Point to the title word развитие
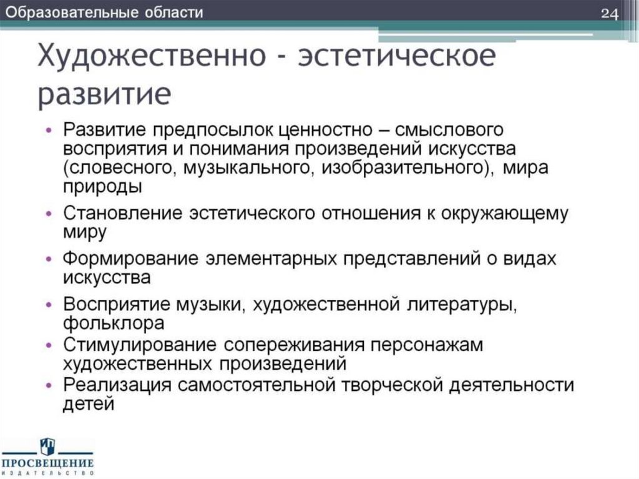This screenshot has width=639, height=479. pyautogui.click(x=104, y=94)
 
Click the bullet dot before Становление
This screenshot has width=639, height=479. pyautogui.click(x=51, y=214)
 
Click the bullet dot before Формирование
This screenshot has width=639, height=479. pyautogui.click(x=51, y=259)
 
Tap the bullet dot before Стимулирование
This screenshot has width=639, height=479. pyautogui.click(x=51, y=345)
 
